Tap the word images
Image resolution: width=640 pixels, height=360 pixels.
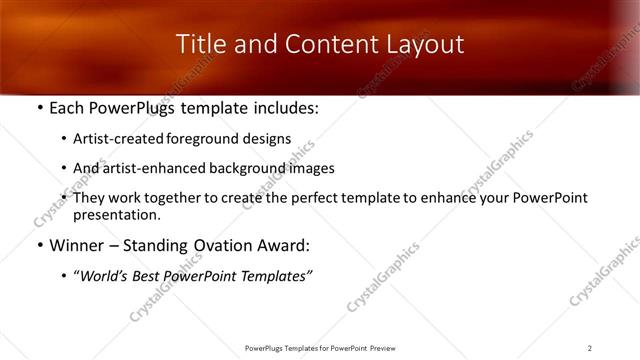pyautogui.click(x=315, y=169)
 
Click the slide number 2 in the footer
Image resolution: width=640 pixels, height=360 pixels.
pyautogui.click(x=590, y=348)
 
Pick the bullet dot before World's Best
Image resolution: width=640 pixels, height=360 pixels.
pyautogui.click(x=65, y=276)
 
